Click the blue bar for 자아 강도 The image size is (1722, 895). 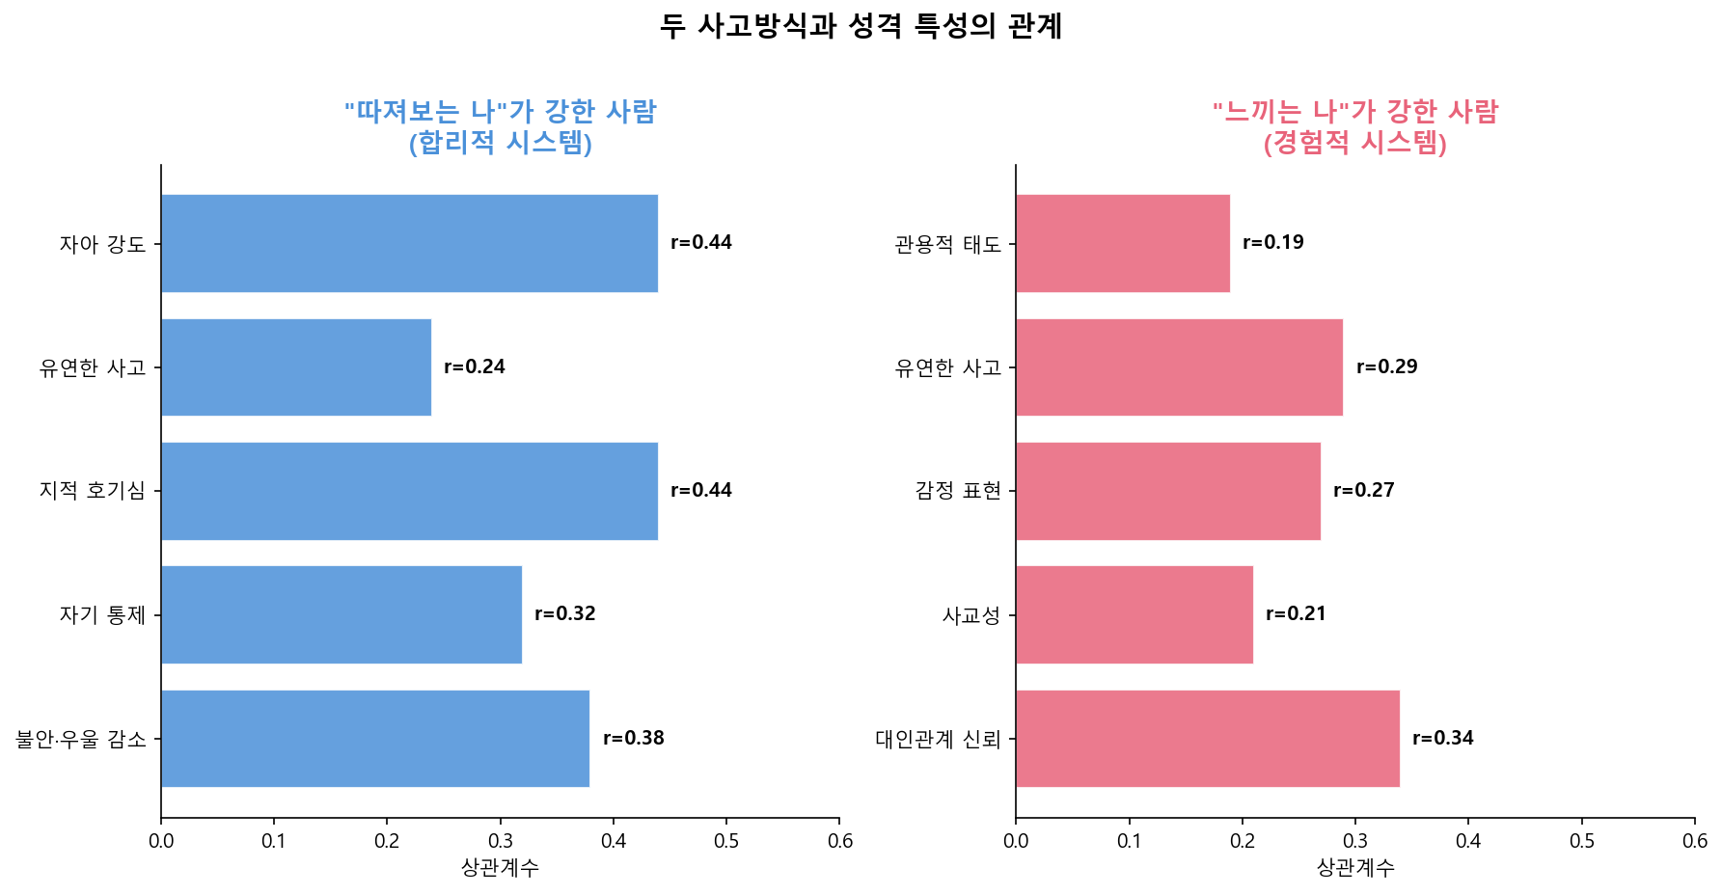click(409, 243)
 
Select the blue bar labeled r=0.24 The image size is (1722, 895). click(296, 367)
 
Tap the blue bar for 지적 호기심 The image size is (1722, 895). click(409, 491)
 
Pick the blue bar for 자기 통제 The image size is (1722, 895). click(342, 614)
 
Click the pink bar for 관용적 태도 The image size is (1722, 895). click(1123, 243)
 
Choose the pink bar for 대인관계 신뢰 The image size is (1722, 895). click(1208, 739)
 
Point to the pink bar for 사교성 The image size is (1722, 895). click(1134, 614)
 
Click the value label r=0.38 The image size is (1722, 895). click(634, 738)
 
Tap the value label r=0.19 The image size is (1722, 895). click(1273, 242)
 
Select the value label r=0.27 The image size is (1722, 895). click(1364, 490)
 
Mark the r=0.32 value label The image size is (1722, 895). click(565, 613)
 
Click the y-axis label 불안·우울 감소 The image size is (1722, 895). click(81, 740)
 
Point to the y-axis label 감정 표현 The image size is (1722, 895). click(958, 491)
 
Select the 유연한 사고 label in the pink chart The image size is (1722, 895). click(948, 367)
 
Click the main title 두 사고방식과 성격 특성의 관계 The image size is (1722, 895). click(861, 26)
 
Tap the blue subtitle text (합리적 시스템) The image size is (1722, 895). click(500, 143)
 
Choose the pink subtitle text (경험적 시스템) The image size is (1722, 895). click(1355, 143)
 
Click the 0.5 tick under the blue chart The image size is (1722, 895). click(726, 841)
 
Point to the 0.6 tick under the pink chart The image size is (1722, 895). click(1695, 841)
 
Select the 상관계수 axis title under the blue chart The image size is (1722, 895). click(500, 867)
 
